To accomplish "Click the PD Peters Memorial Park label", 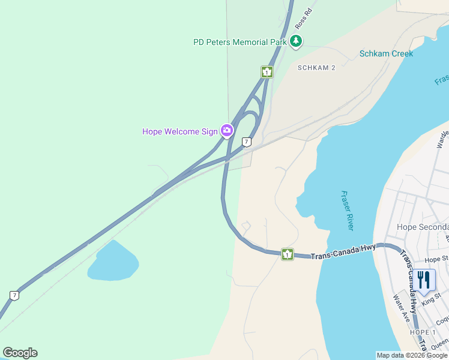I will click(x=240, y=42).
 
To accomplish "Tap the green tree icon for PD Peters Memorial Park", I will click(x=296, y=41).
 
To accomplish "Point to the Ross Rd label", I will click(x=304, y=19).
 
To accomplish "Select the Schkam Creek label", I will click(x=386, y=53).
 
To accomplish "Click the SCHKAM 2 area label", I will click(x=316, y=68).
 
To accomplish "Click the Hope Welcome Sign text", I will click(x=179, y=131).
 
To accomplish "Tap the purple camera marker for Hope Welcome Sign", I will click(x=227, y=130).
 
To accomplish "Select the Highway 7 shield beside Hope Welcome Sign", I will click(x=246, y=142).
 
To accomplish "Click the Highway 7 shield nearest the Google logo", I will click(x=14, y=295).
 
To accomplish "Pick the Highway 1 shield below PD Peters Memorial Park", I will click(x=267, y=72).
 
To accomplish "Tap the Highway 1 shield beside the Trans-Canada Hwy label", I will click(x=288, y=254).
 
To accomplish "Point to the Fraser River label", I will click(x=347, y=211).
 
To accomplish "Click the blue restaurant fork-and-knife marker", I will click(x=424, y=280).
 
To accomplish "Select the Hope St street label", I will click(x=436, y=260).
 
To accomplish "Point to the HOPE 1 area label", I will click(x=423, y=332).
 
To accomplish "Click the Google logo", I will click(x=20, y=353).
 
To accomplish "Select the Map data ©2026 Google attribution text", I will click(x=412, y=355).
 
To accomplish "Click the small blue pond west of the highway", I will click(x=113, y=262).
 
